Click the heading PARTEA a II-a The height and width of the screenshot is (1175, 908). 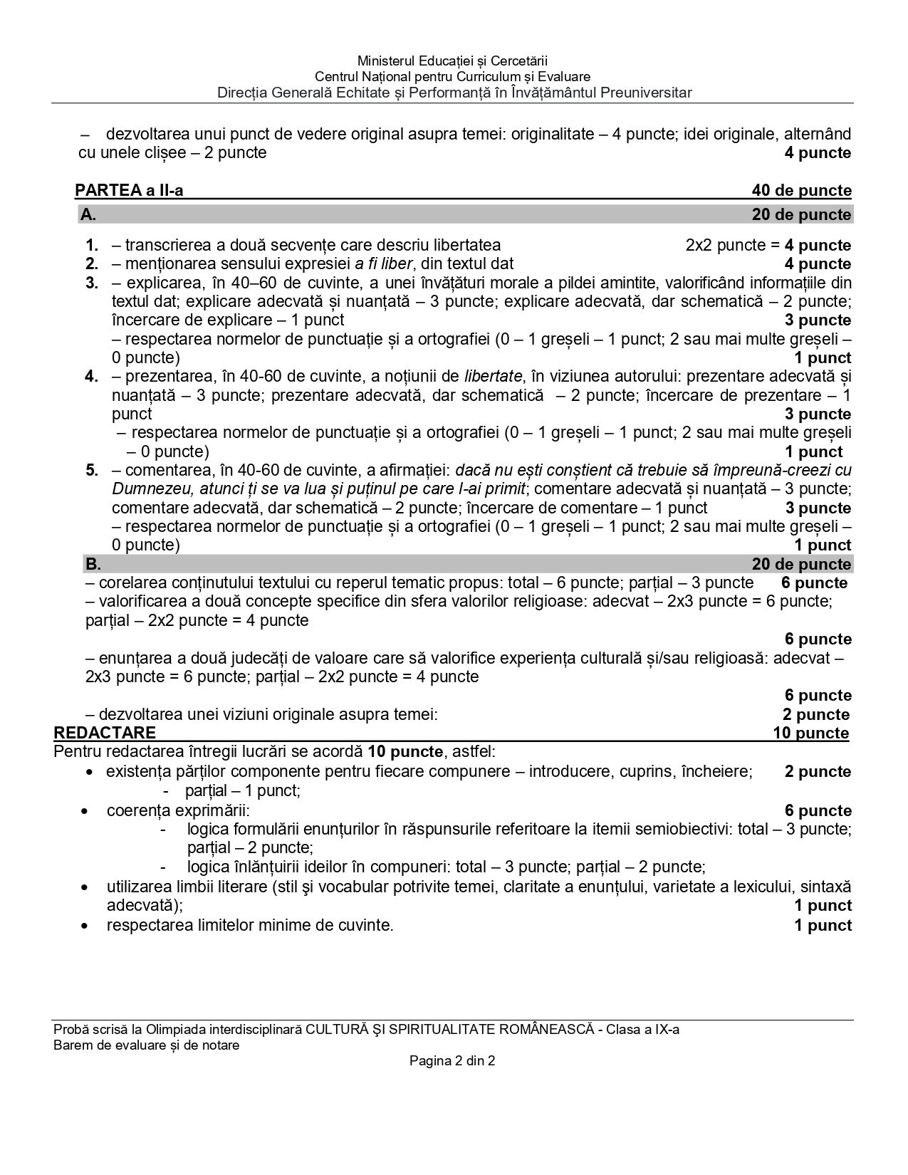pos(129,190)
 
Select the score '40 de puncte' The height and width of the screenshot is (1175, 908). pos(801,190)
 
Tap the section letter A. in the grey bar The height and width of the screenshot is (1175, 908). pos(88,214)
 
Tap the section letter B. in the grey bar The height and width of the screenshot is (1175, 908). pos(93,564)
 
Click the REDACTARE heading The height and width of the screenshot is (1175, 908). pos(105,733)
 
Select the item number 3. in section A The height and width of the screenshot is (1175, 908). pos(92,283)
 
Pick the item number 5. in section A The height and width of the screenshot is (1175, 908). pos(92,470)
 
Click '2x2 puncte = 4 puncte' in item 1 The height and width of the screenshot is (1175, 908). pos(768,245)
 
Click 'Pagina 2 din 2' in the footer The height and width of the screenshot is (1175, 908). pos(452,1060)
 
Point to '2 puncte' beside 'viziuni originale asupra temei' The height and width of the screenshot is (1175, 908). pos(816,714)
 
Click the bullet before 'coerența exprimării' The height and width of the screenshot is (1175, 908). pos(85,811)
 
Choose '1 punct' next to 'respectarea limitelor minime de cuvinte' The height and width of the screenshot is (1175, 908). pos(823,925)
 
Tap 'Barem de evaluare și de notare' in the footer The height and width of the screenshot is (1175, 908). pos(147,1045)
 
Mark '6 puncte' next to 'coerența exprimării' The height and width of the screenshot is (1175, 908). pos(818,810)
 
